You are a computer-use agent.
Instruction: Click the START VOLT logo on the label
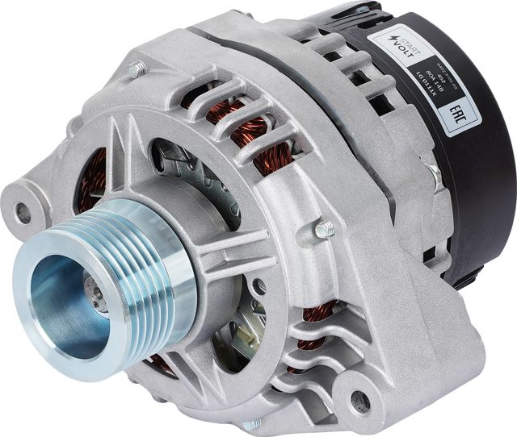pos(389,47)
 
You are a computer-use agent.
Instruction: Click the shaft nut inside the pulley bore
pos(97,299)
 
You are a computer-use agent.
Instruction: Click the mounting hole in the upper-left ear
pos(23,213)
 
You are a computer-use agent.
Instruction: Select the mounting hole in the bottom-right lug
pos(360,401)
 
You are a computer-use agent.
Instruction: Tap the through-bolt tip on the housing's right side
pos(324,230)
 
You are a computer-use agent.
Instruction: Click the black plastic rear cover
pos(477,185)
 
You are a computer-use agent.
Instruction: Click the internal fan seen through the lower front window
pos(234,339)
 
